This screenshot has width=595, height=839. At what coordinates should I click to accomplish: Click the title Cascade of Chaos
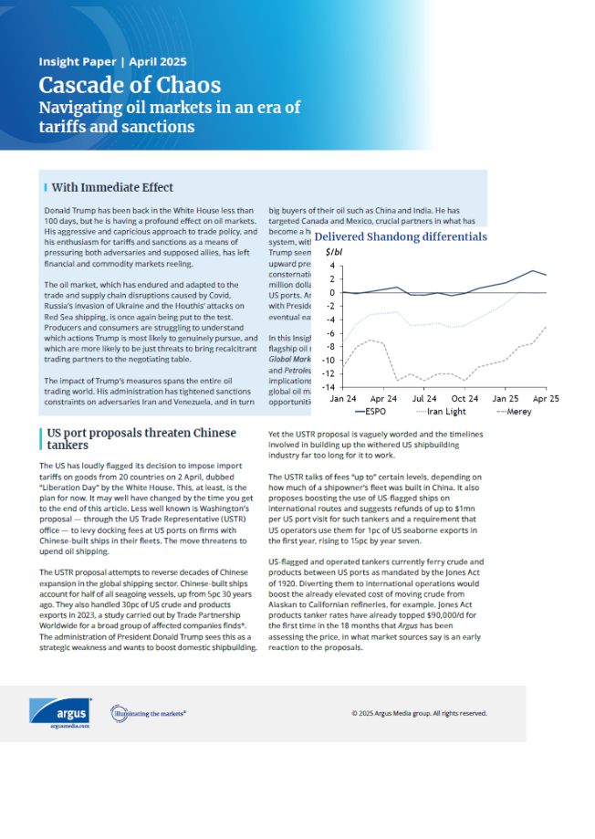pyautogui.click(x=130, y=85)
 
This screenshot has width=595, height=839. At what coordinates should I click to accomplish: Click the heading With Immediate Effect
pyautogui.click(x=112, y=187)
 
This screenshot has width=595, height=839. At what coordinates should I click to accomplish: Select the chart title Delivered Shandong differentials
pyautogui.click(x=401, y=236)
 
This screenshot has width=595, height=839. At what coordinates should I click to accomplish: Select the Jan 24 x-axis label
pyautogui.click(x=343, y=399)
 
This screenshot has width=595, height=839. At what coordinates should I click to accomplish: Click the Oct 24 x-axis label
pyautogui.click(x=465, y=399)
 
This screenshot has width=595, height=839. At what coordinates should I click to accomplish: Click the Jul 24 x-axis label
pyautogui.click(x=424, y=399)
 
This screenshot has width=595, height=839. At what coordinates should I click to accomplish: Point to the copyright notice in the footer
pyautogui.click(x=419, y=713)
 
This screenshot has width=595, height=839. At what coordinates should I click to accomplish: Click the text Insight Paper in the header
pyautogui.click(x=78, y=62)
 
